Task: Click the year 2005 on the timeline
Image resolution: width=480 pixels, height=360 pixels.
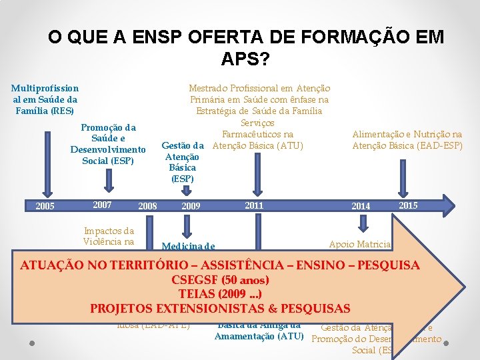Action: (x=45, y=206)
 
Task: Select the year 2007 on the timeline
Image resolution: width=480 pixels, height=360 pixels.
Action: (x=102, y=204)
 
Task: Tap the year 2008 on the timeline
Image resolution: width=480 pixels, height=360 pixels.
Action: (x=147, y=206)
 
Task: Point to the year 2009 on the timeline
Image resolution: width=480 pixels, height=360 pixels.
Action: (x=191, y=206)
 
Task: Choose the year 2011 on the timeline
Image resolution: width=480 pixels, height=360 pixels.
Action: (x=254, y=205)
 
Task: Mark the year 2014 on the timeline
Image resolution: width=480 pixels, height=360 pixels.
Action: (x=361, y=206)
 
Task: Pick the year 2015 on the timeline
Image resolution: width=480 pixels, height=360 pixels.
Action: (x=408, y=205)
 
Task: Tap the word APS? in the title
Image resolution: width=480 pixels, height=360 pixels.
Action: (x=245, y=59)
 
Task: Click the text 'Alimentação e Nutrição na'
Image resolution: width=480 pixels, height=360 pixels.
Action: (x=407, y=134)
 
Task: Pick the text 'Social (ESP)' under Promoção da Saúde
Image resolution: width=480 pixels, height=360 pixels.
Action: (x=107, y=161)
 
